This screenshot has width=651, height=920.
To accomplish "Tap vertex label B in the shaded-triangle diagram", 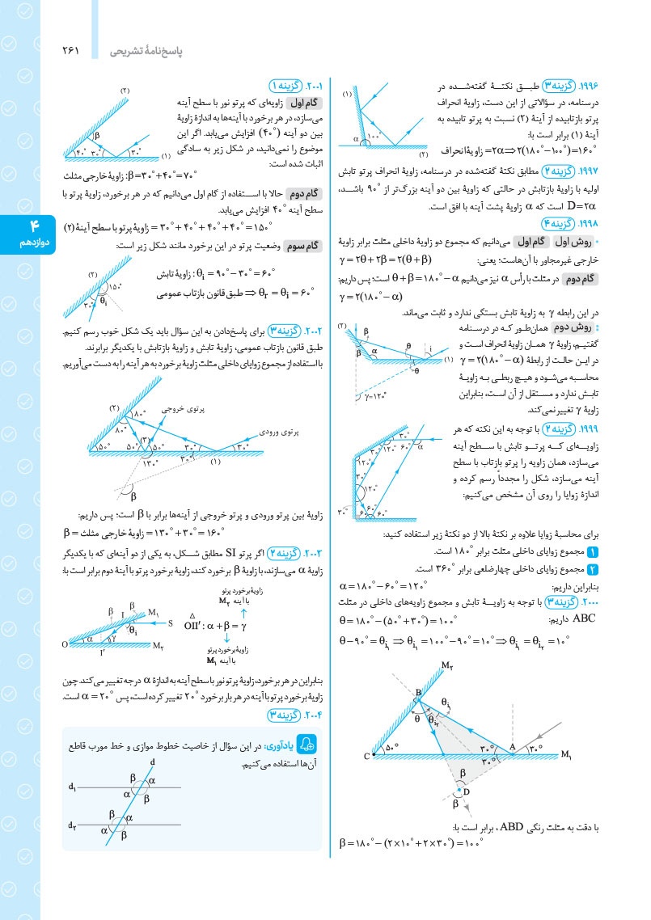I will (418, 693).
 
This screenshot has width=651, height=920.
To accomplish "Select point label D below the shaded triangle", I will (467, 791).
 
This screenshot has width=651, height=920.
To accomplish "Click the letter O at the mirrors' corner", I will (64, 644).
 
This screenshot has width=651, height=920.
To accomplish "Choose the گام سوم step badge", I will (304, 243).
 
